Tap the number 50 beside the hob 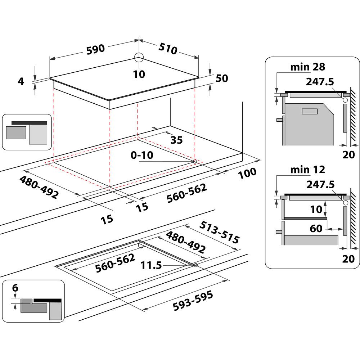222,78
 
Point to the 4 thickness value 21,81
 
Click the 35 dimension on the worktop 176,140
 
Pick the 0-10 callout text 142,156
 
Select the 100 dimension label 247,173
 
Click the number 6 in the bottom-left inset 15,288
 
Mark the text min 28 307,67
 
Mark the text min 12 307,170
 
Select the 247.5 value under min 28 320,82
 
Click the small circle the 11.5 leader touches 195,265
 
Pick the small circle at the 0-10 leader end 195,162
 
